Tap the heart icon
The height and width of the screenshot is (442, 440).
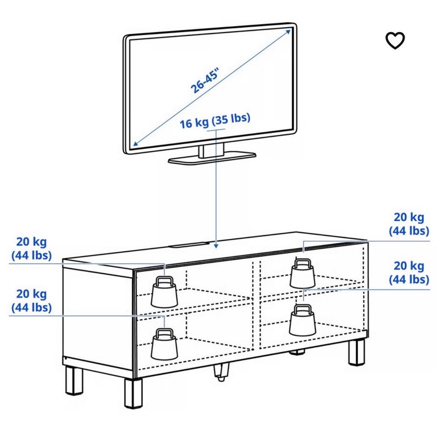point(395,40)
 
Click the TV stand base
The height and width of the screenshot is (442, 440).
point(212,157)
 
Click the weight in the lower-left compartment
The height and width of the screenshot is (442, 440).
point(164,344)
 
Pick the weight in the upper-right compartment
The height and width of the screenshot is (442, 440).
point(302,274)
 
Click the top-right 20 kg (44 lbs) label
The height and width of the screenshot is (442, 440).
point(409,224)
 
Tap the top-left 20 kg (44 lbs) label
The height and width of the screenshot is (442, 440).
point(32,248)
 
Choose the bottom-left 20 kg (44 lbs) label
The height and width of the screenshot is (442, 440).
point(32,300)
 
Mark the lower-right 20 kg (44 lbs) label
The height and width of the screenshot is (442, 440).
point(409,272)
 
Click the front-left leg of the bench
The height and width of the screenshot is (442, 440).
point(133,392)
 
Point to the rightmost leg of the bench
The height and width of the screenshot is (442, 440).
point(356,352)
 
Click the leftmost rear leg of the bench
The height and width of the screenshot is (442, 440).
point(74,381)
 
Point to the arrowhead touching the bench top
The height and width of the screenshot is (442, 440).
point(215,246)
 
